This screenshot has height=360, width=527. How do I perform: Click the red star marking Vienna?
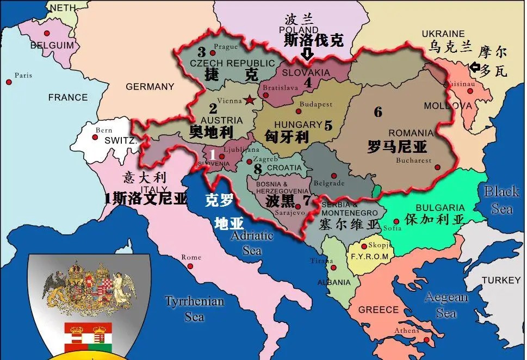tap(250, 100)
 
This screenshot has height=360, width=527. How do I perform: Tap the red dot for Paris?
tap(9, 82)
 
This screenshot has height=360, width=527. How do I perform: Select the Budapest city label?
tap(317, 104)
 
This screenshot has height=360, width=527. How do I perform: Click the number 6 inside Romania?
tap(378, 112)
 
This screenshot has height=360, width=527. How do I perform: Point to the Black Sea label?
tap(501, 200)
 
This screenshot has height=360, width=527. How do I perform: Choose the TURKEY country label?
tap(501, 280)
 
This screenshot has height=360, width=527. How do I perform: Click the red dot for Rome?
tap(190, 266)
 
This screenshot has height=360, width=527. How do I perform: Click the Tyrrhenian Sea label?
tap(194, 308)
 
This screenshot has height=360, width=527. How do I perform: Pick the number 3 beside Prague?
tap(201, 52)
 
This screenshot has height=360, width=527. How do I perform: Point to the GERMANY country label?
tap(150, 86)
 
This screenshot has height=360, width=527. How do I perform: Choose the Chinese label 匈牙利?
tap(287, 136)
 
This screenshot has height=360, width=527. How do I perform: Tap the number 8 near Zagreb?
tap(258, 169)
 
